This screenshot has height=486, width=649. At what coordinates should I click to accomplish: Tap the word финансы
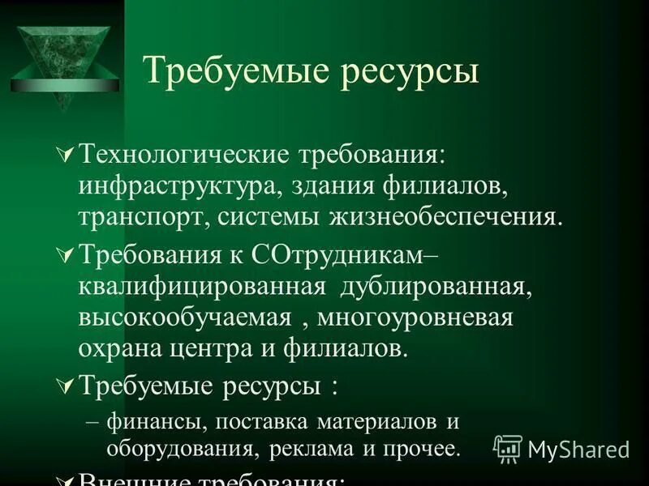click(149, 423)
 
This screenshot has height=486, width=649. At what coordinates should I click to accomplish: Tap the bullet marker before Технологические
click(67, 154)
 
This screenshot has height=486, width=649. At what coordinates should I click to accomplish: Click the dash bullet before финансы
click(94, 423)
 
